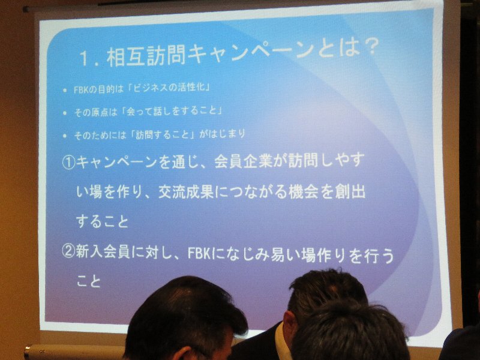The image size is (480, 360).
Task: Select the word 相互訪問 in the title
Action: pyautogui.click(x=146, y=56)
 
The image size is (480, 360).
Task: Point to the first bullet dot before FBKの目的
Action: pyautogui.click(x=64, y=91)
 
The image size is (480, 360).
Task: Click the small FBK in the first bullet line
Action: pyautogui.click(x=81, y=90)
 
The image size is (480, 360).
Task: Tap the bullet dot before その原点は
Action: pyautogui.click(x=64, y=113)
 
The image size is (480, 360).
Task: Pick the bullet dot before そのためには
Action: pyautogui.click(x=64, y=136)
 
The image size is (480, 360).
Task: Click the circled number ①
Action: pyautogui.click(x=68, y=163)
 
